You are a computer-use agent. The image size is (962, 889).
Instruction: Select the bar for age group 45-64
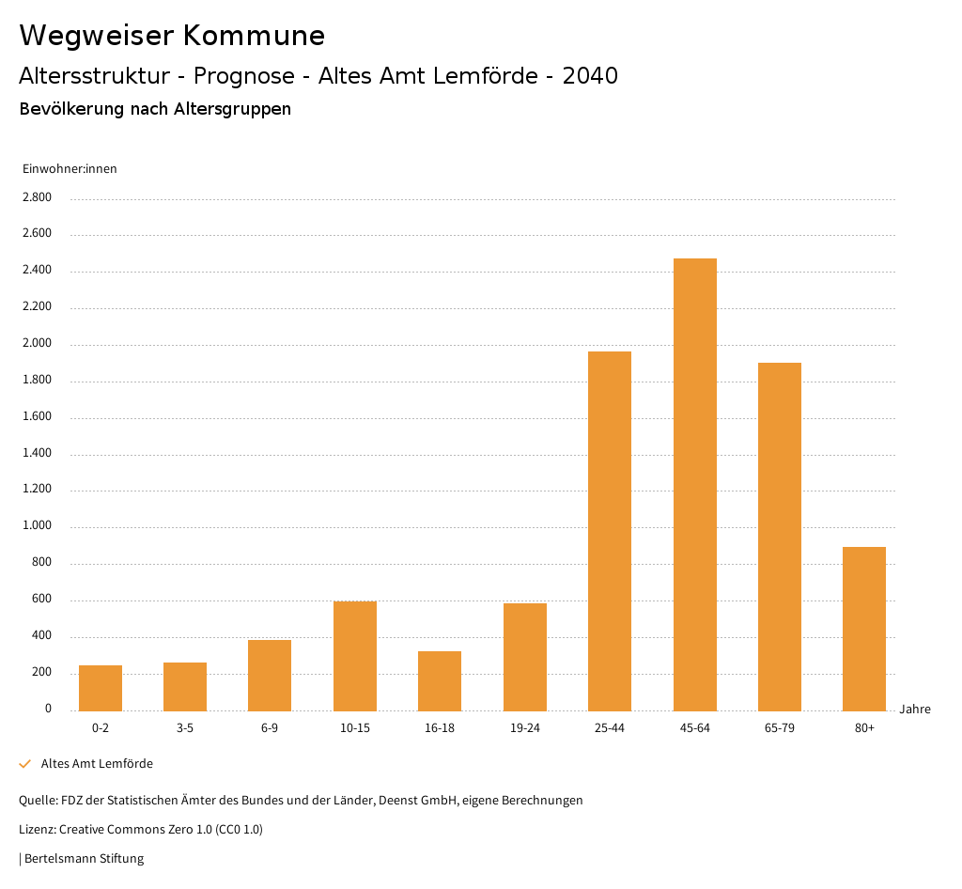694,484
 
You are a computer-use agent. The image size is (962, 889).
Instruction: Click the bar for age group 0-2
101,688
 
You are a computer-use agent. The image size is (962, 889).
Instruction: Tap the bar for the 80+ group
864,629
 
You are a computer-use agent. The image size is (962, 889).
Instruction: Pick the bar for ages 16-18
440,680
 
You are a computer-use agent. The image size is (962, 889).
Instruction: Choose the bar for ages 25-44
610,531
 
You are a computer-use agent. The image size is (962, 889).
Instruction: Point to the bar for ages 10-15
355,656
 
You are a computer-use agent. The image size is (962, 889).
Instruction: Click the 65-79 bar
780,537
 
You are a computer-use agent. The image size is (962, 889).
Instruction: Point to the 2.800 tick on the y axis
38,197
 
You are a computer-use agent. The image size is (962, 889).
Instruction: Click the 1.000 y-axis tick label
38,526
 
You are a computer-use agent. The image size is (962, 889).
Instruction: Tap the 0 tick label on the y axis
48,709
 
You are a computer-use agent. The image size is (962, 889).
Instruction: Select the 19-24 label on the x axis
524,728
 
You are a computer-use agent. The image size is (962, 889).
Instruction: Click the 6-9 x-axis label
270,728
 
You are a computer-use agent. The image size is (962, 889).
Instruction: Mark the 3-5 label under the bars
185,728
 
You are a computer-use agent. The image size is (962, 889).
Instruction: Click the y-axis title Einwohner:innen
70,169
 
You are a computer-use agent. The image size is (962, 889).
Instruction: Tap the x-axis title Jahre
915,710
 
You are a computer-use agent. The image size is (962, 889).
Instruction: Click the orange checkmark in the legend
25,764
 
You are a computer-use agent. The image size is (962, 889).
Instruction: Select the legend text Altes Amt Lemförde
97,764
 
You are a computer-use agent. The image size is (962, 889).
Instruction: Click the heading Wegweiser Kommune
172,36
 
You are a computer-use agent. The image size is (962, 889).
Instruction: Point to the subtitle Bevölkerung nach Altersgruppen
155,109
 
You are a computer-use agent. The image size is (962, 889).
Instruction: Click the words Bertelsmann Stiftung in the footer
84,858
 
